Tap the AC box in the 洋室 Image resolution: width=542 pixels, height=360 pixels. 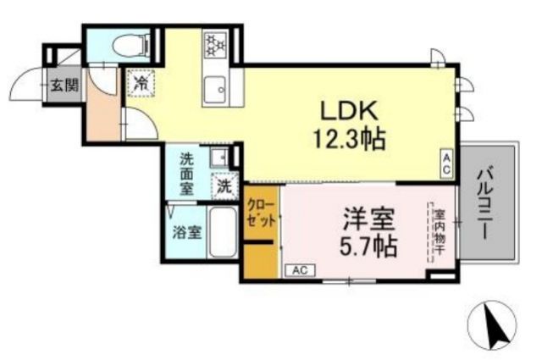click(300, 270)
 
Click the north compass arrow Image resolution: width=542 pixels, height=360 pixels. click(496, 324)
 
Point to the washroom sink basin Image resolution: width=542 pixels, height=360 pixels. click(218, 157)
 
